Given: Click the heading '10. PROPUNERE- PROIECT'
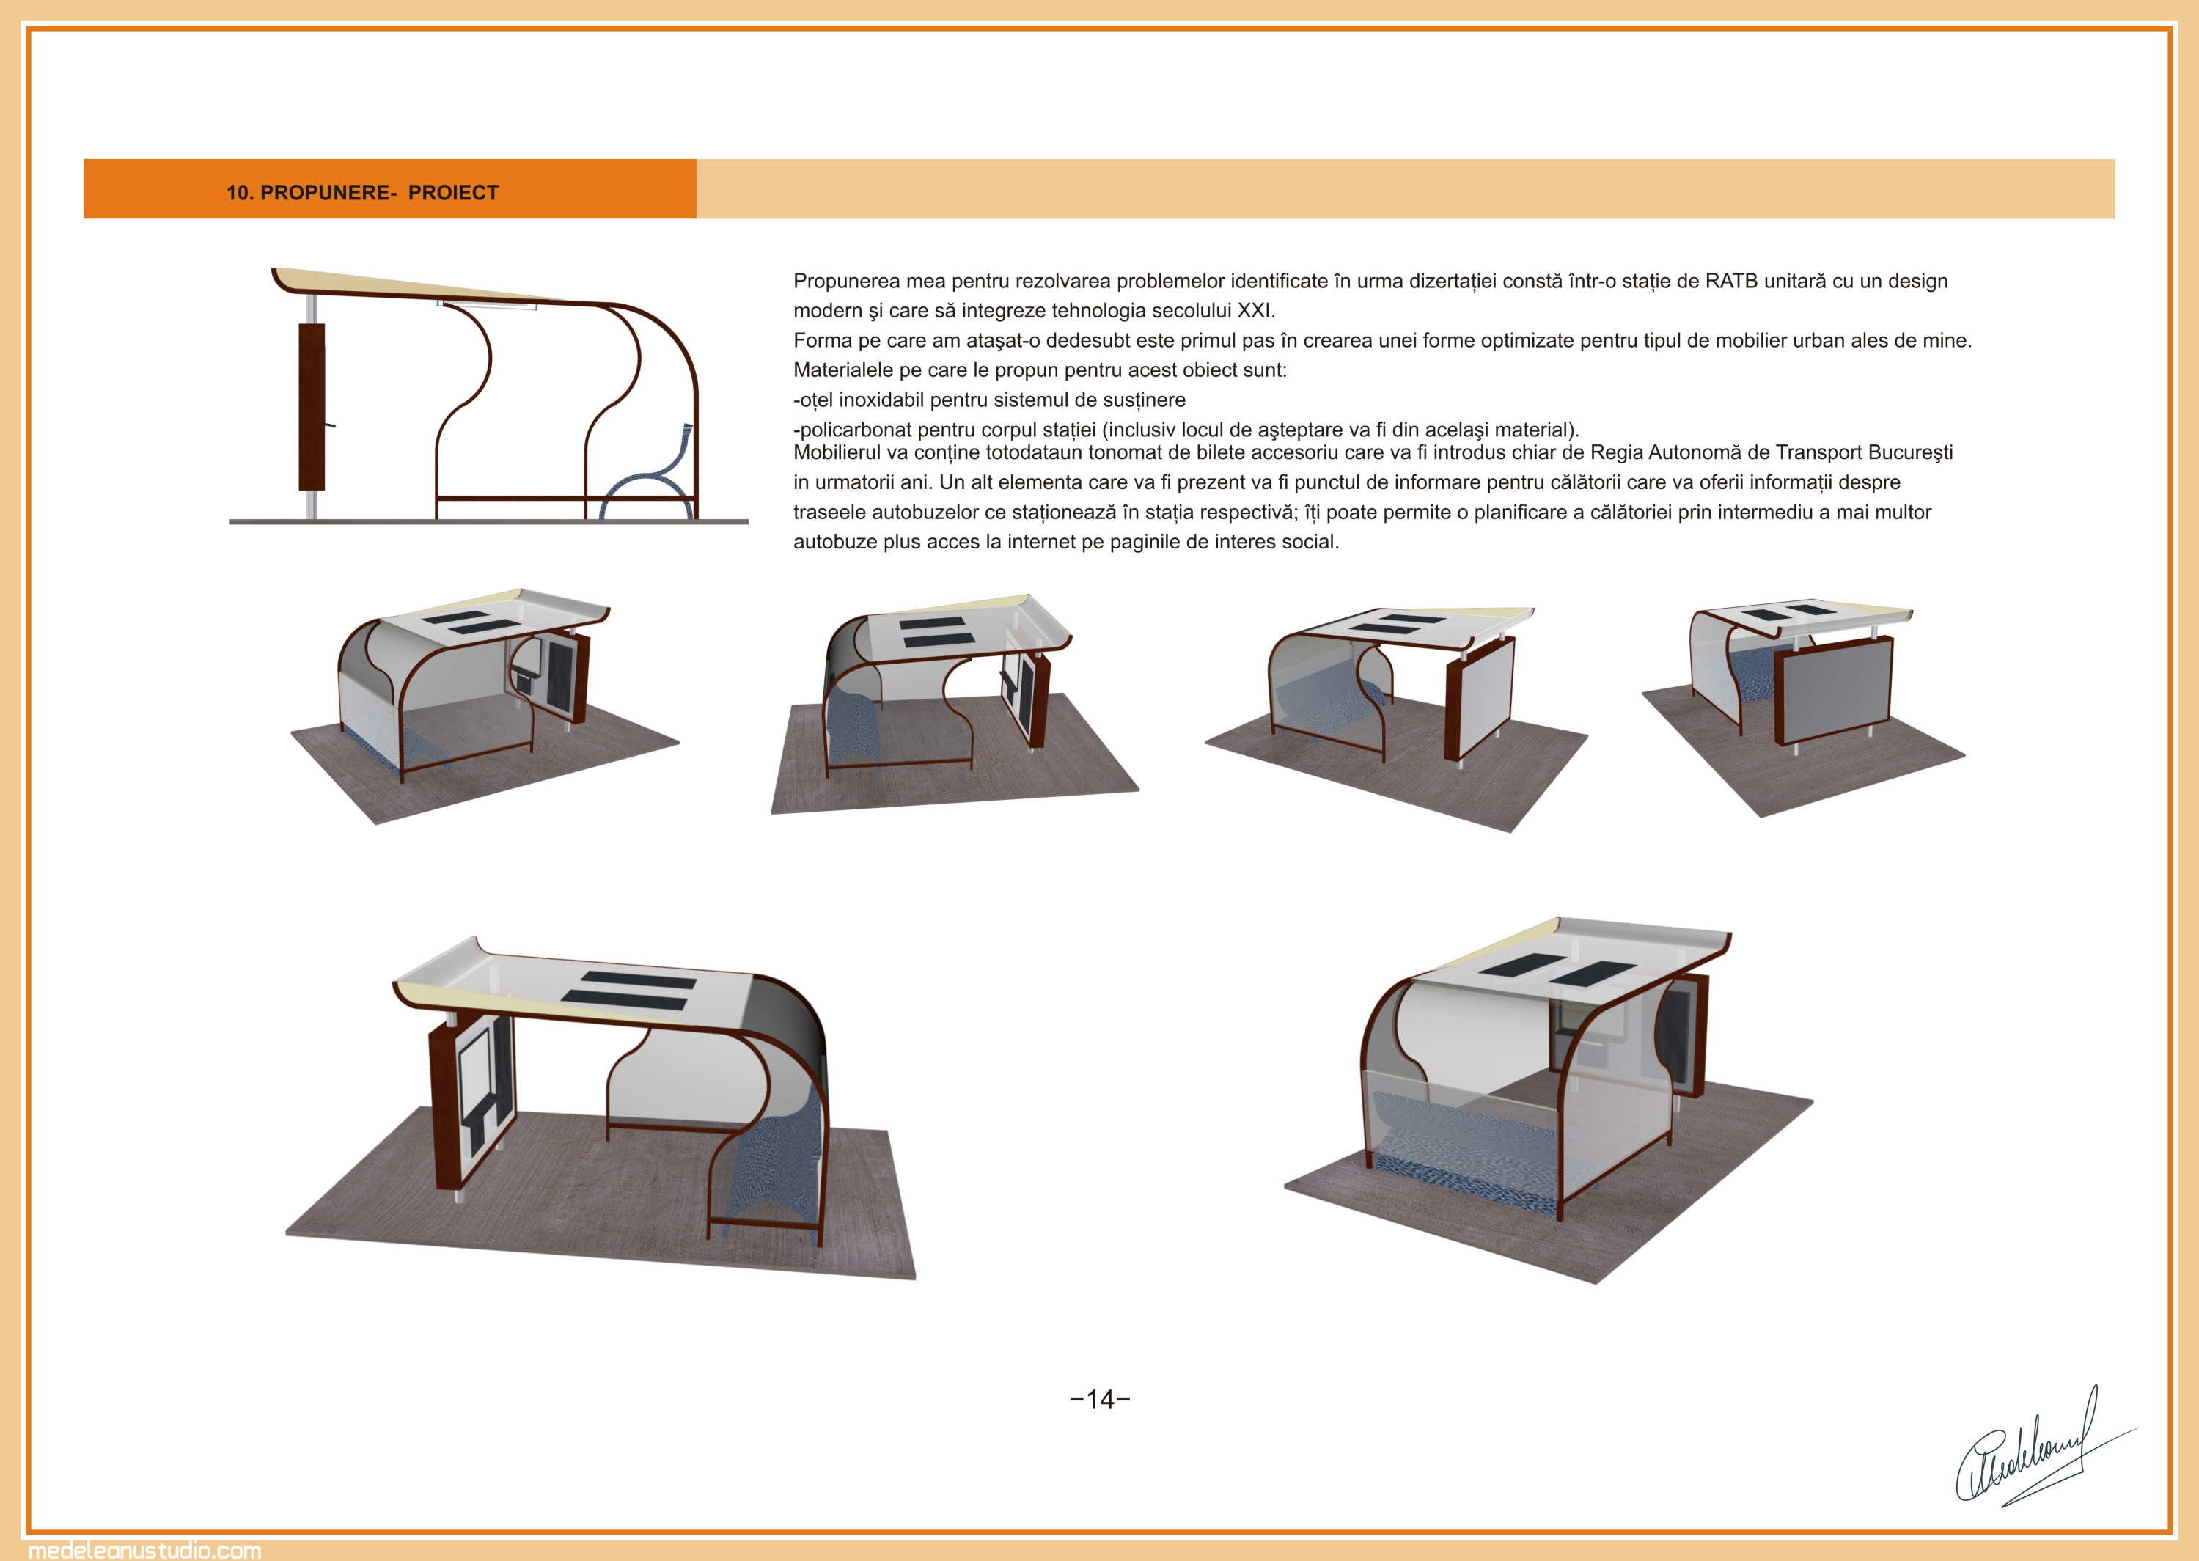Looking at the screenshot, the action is point(362,192).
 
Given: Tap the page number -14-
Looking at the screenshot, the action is point(1100,1400).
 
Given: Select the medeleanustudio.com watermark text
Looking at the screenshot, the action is point(145,1549).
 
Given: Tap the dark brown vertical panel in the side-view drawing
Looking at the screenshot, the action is point(312,407).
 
